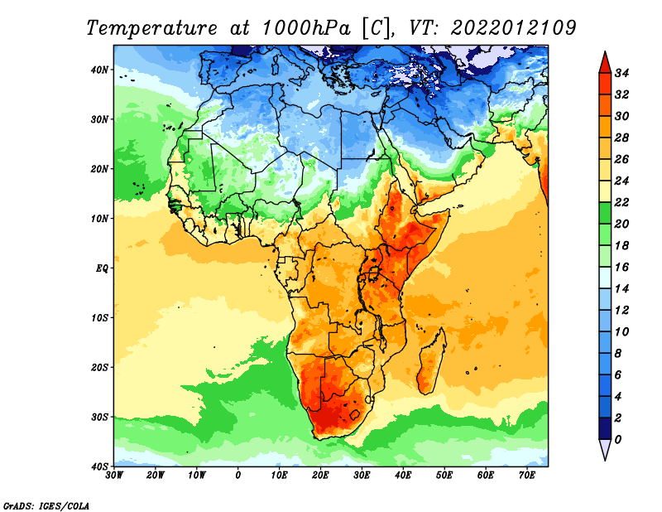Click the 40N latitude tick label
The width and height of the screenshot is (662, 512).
99,70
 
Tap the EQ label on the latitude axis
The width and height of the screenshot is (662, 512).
102,268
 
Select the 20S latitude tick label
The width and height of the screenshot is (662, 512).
99,367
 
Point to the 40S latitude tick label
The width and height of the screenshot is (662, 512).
99,466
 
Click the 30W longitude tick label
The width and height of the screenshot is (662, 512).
114,476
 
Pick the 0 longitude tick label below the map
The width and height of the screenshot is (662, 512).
238,476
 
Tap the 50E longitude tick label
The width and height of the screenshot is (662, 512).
444,476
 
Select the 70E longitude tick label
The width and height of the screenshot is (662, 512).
527,476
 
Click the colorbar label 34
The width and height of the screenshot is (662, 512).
621,73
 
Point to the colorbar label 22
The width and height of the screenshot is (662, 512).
621,202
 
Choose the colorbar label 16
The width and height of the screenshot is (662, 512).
621,268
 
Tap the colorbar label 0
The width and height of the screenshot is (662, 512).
618,440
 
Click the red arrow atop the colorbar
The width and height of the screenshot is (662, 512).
605,64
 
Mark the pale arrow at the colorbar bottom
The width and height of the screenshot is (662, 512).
605,449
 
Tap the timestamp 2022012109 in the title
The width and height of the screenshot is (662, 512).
514,28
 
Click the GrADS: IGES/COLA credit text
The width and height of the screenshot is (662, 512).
46,506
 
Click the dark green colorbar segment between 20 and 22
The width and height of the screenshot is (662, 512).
605,213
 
